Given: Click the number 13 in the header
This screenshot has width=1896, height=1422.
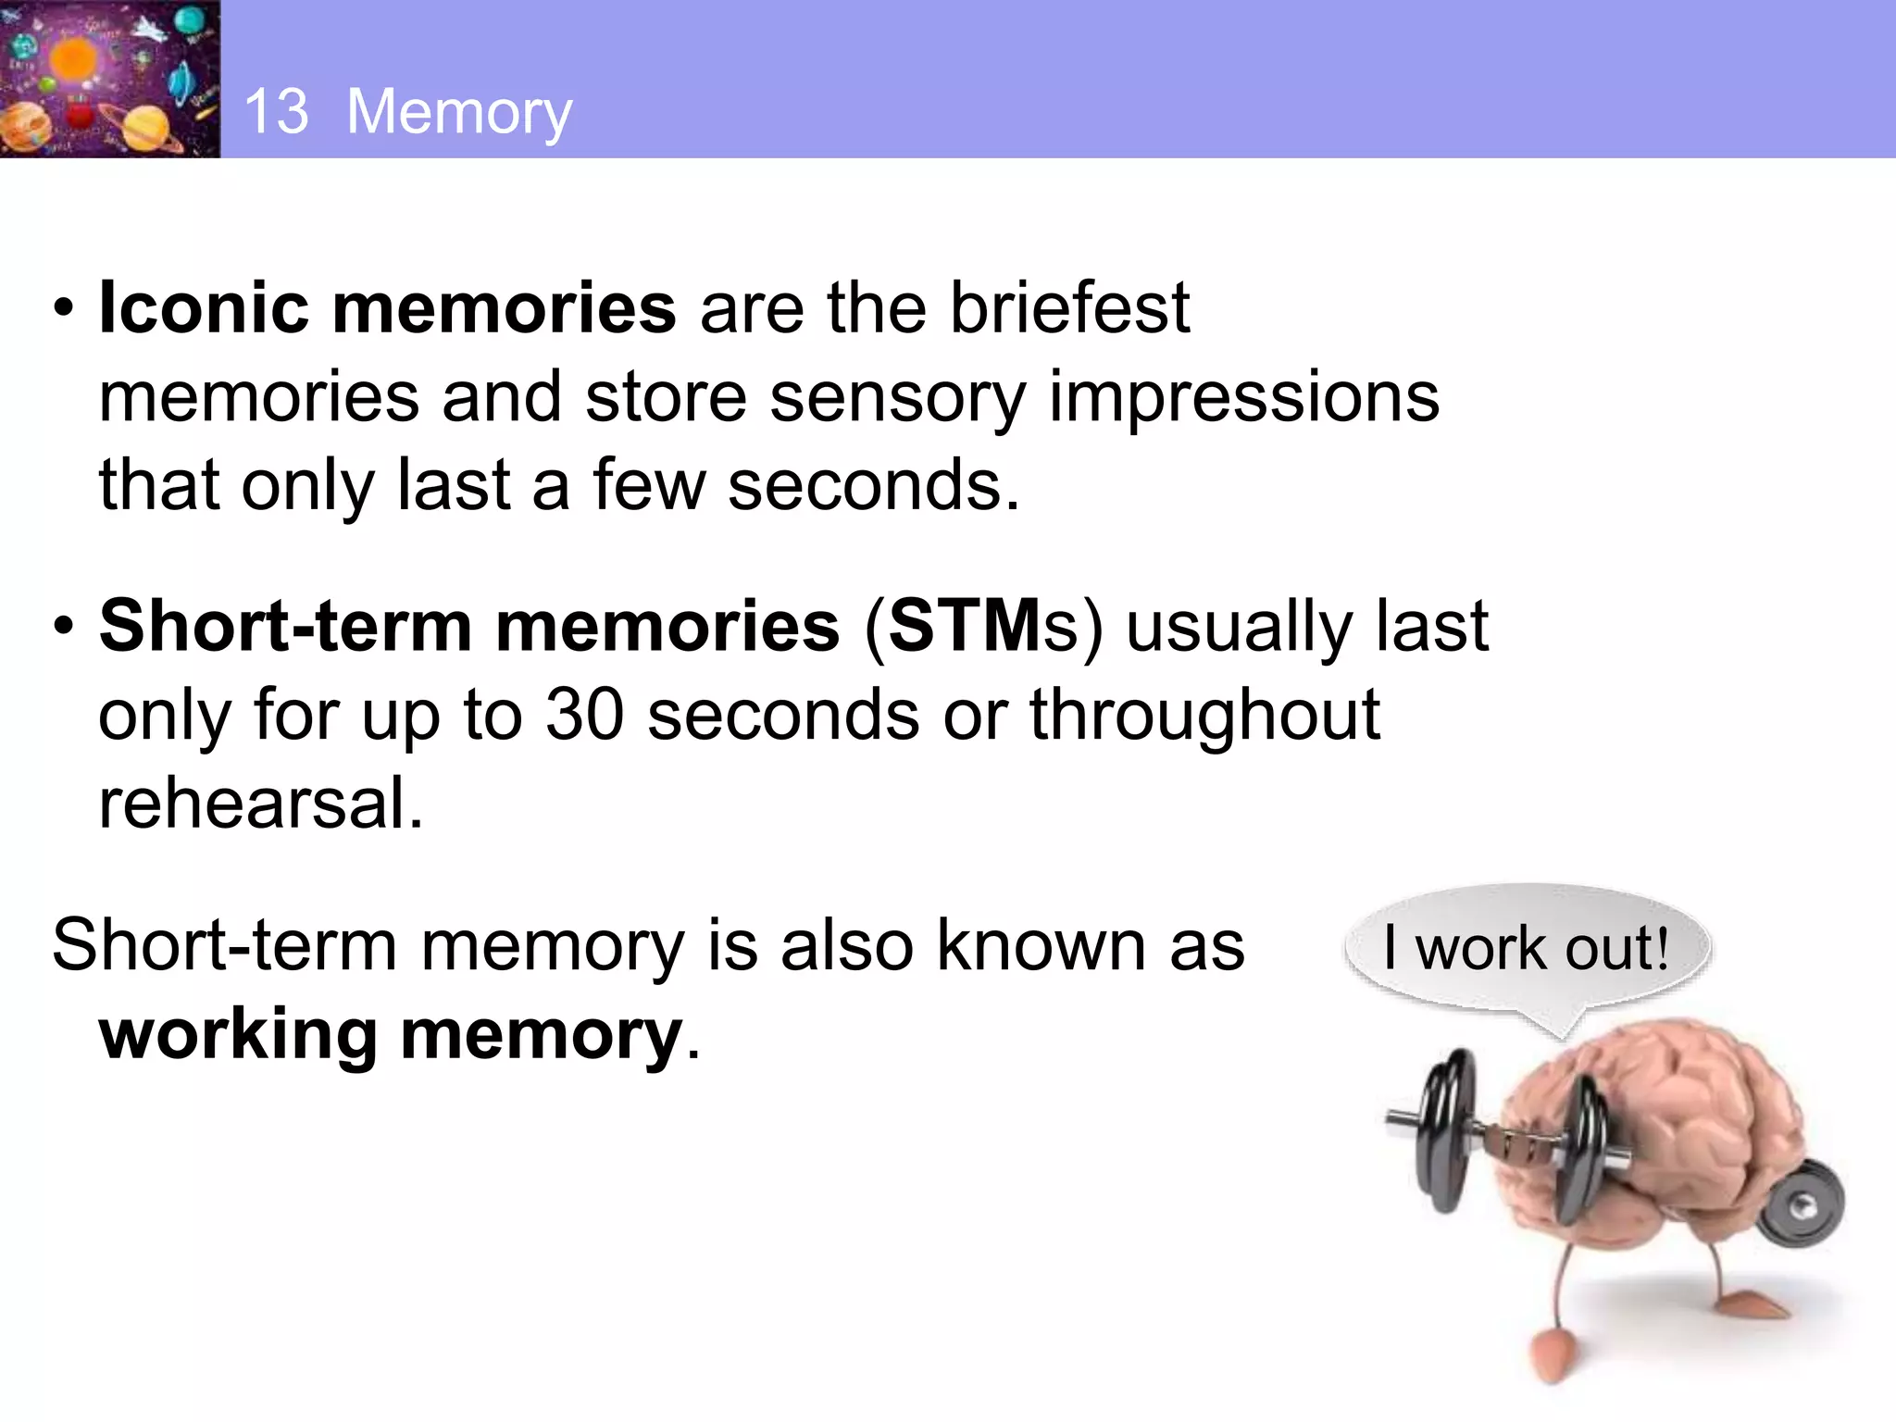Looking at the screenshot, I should [276, 111].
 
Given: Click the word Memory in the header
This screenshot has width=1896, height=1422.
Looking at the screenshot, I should [459, 113].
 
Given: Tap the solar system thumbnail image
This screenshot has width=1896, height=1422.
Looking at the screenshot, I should [109, 79].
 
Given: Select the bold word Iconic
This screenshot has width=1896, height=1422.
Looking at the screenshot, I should [204, 307].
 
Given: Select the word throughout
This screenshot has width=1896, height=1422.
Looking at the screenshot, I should [1204, 715].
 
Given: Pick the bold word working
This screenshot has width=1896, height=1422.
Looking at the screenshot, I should [238, 1034].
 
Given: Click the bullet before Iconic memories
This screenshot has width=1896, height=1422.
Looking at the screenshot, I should [63, 308].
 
